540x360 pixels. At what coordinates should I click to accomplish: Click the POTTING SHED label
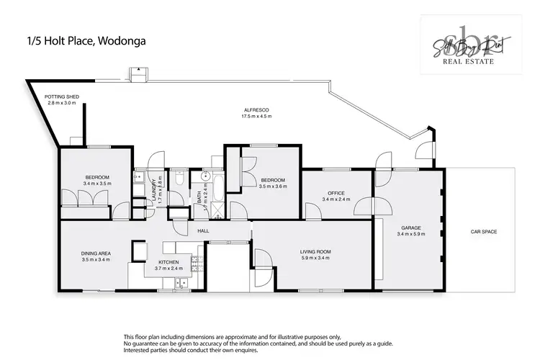pyautogui.click(x=61, y=96)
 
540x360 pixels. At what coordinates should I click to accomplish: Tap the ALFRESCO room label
pyautogui.click(x=256, y=109)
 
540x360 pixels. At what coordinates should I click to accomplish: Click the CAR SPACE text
pyautogui.click(x=484, y=231)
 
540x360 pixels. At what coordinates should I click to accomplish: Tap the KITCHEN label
pyautogui.click(x=169, y=262)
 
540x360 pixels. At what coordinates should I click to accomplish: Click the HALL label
pyautogui.click(x=204, y=230)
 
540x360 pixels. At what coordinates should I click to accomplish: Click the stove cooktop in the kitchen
pyautogui.click(x=140, y=250)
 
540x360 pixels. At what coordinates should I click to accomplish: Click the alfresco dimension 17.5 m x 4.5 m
pyautogui.click(x=256, y=116)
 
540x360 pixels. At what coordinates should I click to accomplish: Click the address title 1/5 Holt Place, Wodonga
pyautogui.click(x=85, y=41)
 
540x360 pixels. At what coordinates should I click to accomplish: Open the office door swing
pyautogui.click(x=312, y=210)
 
